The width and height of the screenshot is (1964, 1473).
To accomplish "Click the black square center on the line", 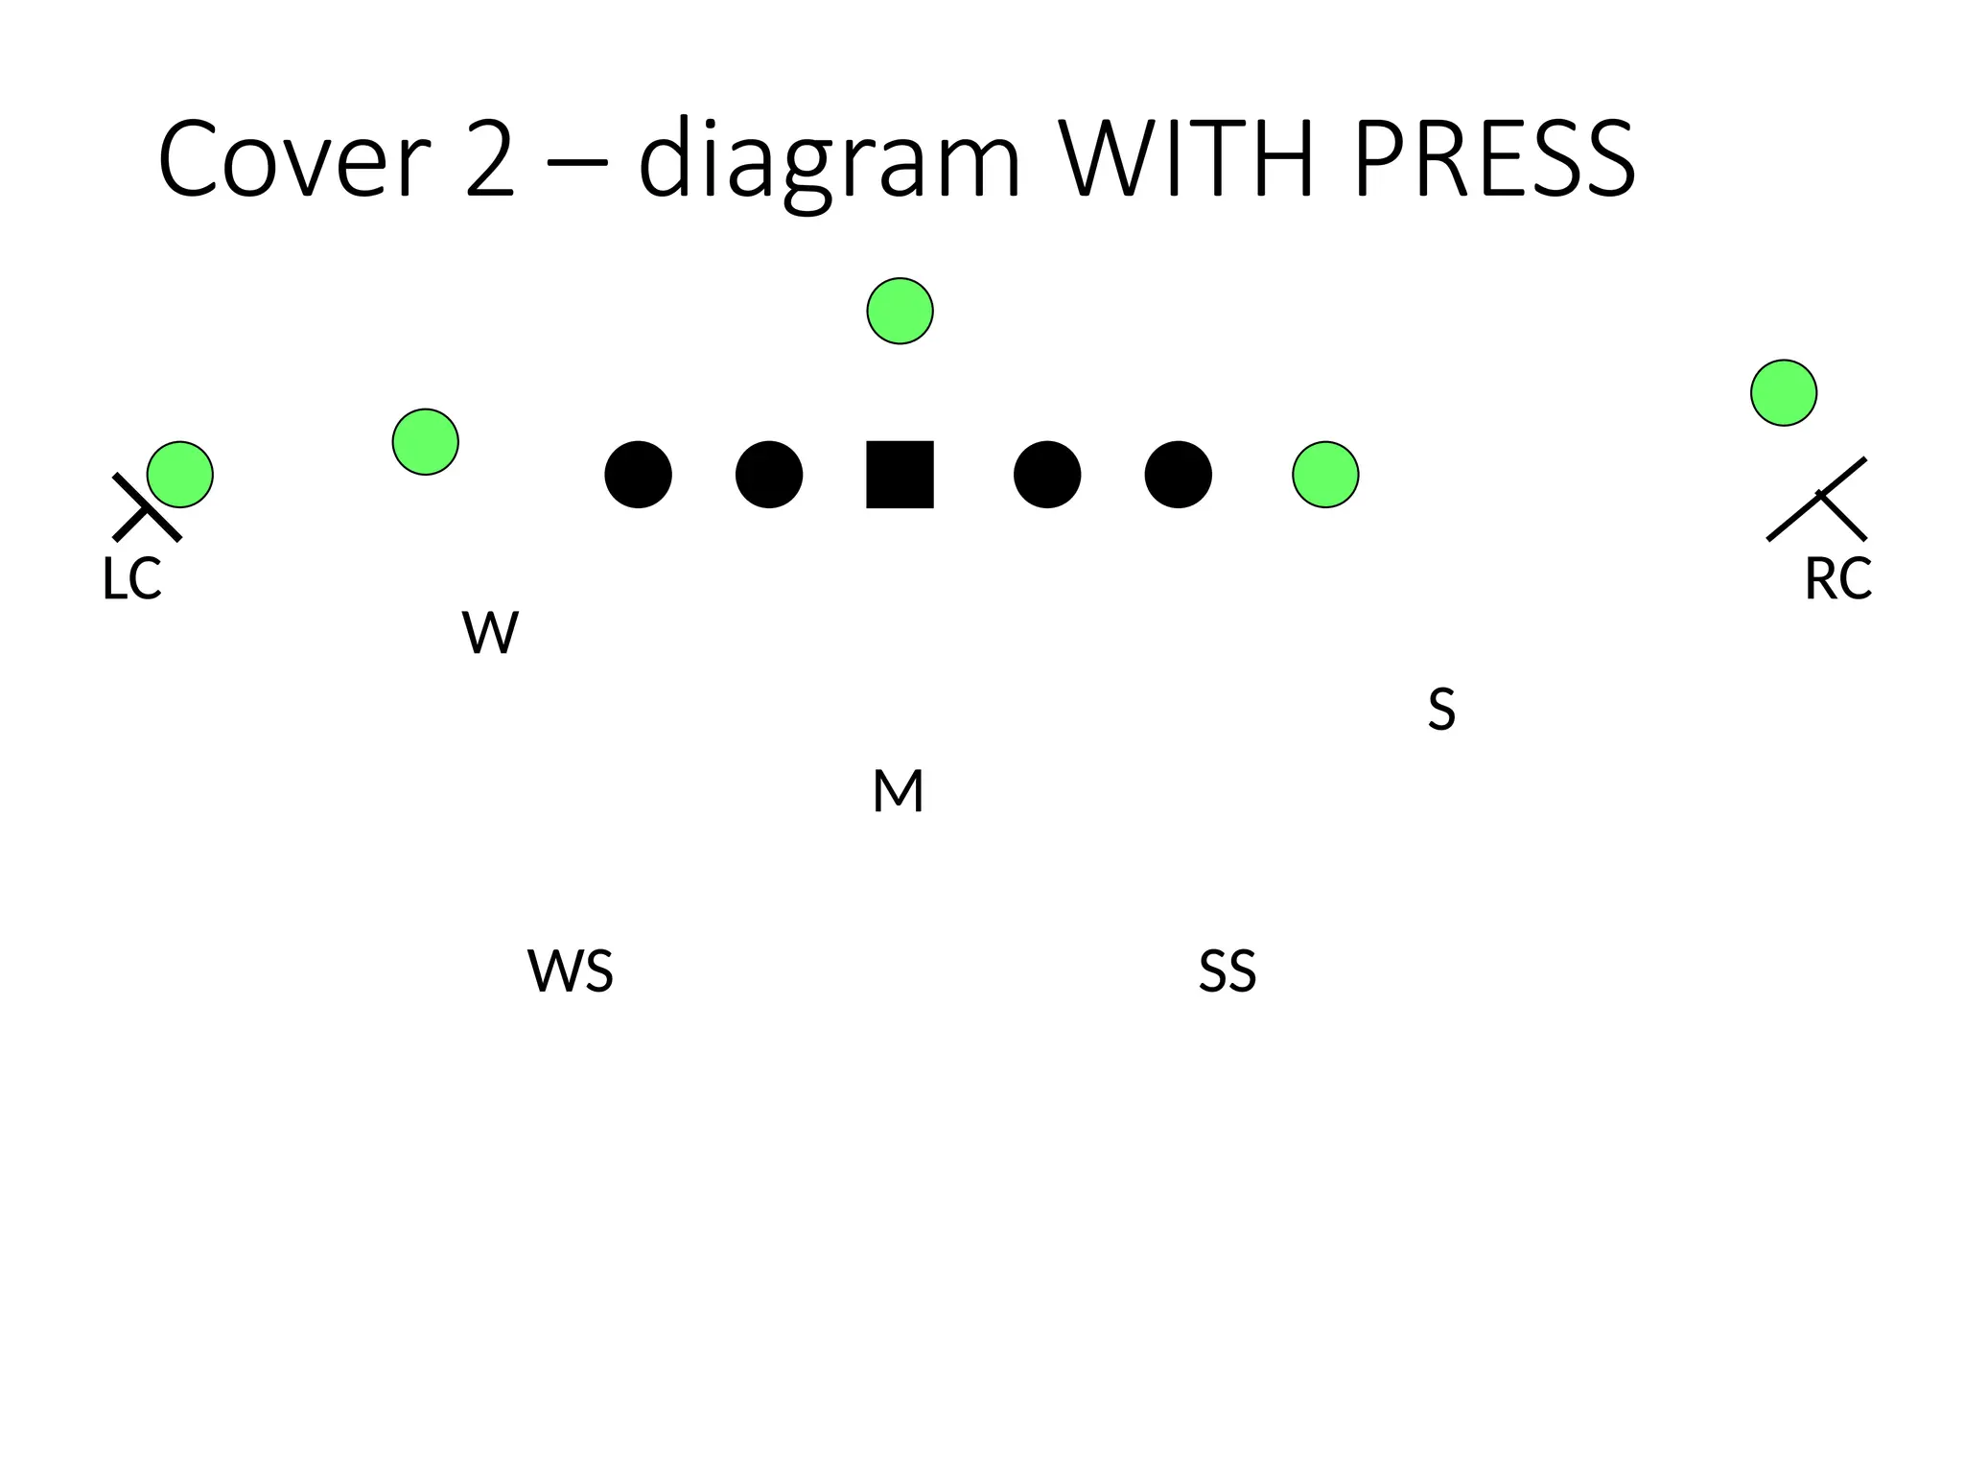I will point(900,475).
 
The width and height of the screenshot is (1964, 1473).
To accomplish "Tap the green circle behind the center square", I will point(900,311).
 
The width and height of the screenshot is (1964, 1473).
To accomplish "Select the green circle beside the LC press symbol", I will point(180,475).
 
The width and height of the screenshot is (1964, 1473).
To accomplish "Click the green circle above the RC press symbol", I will point(1784,392).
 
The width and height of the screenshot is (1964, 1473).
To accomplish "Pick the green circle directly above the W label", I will point(426,442).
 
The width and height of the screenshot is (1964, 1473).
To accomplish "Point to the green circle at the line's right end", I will point(1325,475).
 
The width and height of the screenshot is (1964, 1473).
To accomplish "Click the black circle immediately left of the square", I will point(769,475).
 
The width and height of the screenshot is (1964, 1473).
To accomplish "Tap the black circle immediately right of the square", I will point(1047,475).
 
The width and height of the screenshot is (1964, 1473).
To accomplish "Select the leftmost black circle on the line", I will point(639,475).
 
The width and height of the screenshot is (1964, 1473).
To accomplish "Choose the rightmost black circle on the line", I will point(1179,475).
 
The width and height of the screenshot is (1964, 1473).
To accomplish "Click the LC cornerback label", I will point(131,579).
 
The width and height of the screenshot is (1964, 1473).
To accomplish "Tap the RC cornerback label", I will point(1837,579).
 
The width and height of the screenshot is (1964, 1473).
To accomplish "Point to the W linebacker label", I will point(490,633).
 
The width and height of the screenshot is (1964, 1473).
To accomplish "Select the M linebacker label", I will point(899,792).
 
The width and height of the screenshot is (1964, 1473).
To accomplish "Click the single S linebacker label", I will point(1441,710).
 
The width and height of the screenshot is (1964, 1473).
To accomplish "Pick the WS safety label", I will point(571,970).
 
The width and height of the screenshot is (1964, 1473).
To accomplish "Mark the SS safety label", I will point(1227,970).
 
